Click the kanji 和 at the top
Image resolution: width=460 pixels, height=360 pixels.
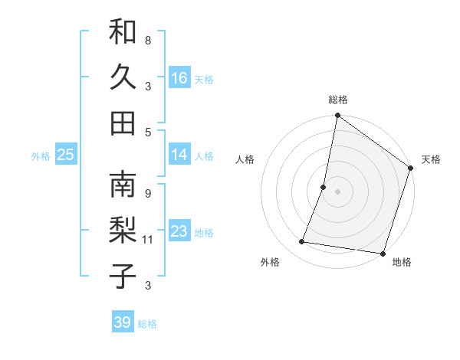point(123,32)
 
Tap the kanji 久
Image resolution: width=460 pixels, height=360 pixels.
point(123,78)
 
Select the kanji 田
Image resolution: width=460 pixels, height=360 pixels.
point(123,123)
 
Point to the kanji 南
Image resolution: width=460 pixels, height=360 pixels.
point(123,185)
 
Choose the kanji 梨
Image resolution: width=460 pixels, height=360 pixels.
point(123,231)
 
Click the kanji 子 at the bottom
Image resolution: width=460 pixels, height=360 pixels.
point(123,277)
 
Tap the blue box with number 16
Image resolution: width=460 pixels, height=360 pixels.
point(179,78)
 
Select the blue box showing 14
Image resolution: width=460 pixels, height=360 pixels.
point(179,155)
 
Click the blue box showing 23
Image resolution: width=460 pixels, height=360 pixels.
point(179,231)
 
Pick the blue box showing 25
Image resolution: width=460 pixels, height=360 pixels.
point(65,155)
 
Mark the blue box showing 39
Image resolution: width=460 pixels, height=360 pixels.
point(122,322)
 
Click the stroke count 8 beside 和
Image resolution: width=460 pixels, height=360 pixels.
point(147,40)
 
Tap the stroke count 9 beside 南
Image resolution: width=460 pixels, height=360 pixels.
point(147,193)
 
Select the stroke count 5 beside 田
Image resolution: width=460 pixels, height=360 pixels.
point(147,132)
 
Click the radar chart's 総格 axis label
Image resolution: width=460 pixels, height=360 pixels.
point(337,100)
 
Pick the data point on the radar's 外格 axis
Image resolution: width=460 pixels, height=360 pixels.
point(302,242)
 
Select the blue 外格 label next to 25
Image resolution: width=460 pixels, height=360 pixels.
point(41,156)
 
